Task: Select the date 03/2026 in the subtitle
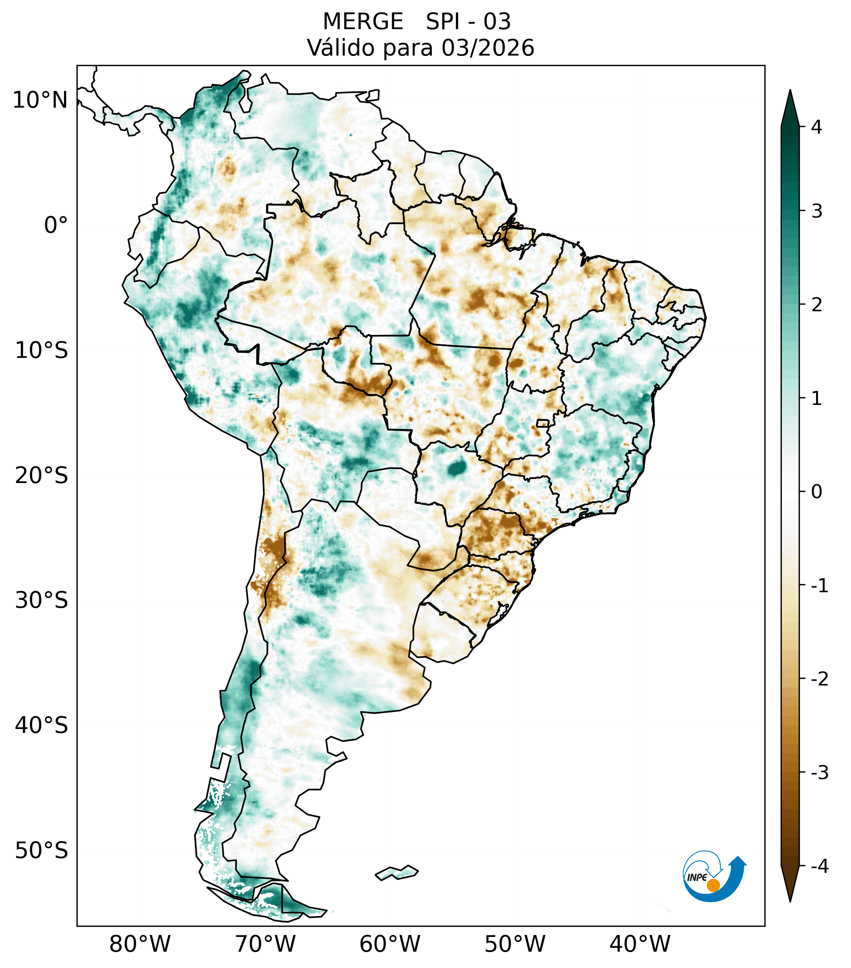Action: (487, 48)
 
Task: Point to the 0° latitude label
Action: (56, 225)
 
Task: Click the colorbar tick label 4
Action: (816, 127)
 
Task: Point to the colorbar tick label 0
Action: (816, 492)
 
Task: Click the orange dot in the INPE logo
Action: (713, 885)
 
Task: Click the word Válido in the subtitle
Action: (341, 48)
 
